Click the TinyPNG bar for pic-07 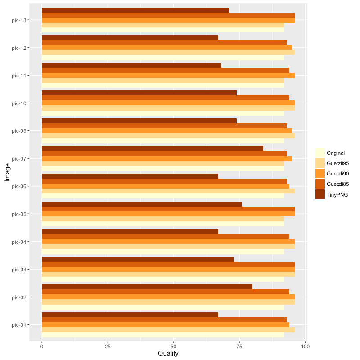(152, 148)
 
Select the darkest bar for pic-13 (135, 10)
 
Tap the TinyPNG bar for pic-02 (147, 287)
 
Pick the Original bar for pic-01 (163, 335)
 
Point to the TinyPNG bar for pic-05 (142, 204)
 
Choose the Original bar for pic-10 (163, 113)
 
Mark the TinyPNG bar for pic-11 (131, 65)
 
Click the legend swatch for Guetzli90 (320, 174)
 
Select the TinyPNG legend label (337, 194)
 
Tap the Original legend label (336, 153)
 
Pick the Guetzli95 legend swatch (320, 163)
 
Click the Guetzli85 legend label (338, 184)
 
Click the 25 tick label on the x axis (108, 346)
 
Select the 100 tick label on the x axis (306, 346)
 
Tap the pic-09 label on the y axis (20, 131)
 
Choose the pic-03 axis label (20, 270)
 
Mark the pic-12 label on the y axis (20, 48)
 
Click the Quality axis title (168, 354)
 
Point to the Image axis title (7, 172)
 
